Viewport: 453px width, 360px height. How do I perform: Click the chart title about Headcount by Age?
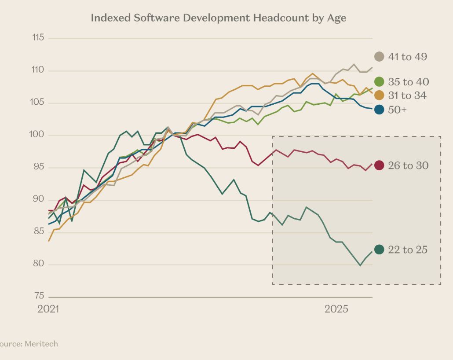pyautogui.click(x=219, y=18)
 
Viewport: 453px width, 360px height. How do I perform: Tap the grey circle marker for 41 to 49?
pyautogui.click(x=379, y=57)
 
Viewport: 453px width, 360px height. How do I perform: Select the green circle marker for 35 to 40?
pyautogui.click(x=379, y=81)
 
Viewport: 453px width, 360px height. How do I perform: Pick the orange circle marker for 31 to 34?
pyautogui.click(x=379, y=96)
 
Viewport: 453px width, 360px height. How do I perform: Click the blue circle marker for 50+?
pyautogui.click(x=379, y=110)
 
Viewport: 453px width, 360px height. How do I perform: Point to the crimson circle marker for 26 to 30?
pyautogui.click(x=379, y=165)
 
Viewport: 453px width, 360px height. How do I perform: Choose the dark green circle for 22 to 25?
pyautogui.click(x=379, y=250)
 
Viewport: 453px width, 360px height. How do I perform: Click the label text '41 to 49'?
pyautogui.click(x=407, y=57)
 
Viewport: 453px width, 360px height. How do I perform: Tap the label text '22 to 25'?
pyautogui.click(x=407, y=250)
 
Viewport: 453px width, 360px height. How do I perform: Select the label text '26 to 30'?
pyautogui.click(x=408, y=165)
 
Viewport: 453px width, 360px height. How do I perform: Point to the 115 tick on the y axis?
pyautogui.click(x=38, y=38)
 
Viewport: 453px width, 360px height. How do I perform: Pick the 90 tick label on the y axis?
pyautogui.click(x=39, y=199)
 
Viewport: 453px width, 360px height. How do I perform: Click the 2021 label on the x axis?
pyautogui.click(x=48, y=309)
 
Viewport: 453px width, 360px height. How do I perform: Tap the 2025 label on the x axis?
pyautogui.click(x=336, y=309)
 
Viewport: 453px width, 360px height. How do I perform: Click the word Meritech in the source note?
pyautogui.click(x=41, y=344)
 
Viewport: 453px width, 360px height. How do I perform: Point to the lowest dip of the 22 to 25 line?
pyautogui.click(x=360, y=265)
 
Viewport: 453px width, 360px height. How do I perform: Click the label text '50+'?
pyautogui.click(x=397, y=110)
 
